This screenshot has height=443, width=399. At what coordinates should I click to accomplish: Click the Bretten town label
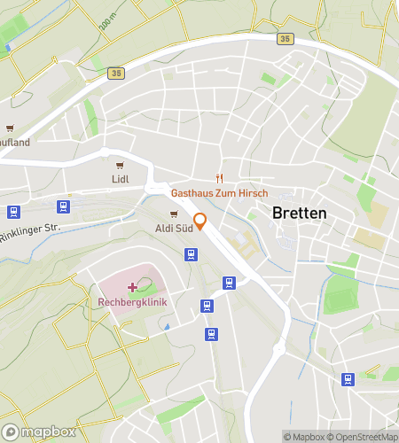(x=299, y=214)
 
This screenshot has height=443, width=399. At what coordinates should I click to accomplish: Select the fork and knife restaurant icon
(x=219, y=177)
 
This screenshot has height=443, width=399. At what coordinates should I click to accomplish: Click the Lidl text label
(x=121, y=179)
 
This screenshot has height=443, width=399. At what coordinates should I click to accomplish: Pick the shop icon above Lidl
(x=120, y=165)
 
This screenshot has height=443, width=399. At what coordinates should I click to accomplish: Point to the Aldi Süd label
(x=173, y=229)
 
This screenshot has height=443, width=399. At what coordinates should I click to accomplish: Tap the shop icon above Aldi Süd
(x=174, y=214)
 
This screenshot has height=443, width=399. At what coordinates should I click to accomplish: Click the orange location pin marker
(x=200, y=221)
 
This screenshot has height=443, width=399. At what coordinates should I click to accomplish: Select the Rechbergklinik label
(x=132, y=301)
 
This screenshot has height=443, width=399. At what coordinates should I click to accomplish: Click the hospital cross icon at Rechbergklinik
(x=133, y=286)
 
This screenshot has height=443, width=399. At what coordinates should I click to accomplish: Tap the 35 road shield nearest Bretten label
(x=284, y=38)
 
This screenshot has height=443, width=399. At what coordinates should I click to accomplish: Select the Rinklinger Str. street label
(x=28, y=229)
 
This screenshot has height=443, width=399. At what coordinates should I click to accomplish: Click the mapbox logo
(x=40, y=431)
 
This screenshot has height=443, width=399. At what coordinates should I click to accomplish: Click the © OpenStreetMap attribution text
(x=364, y=436)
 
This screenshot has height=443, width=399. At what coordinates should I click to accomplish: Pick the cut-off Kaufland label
(x=15, y=142)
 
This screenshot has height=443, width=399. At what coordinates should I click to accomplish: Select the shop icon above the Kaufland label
(x=9, y=128)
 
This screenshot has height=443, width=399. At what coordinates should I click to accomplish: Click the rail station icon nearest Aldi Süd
(x=191, y=254)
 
